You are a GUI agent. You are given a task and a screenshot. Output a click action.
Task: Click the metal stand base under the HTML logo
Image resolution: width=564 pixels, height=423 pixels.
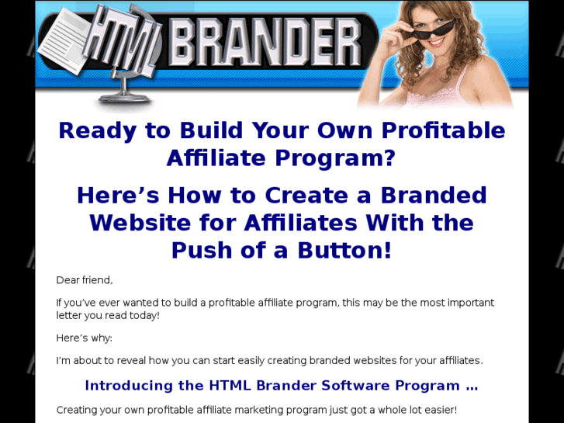pos(124,98)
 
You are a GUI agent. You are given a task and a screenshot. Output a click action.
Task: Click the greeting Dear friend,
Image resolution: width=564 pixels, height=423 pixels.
pos(85,280)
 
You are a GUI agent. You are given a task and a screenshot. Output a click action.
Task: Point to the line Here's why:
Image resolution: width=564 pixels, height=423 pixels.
pos(85,338)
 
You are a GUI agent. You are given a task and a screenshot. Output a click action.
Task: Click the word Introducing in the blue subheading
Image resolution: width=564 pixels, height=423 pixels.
pos(128,386)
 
